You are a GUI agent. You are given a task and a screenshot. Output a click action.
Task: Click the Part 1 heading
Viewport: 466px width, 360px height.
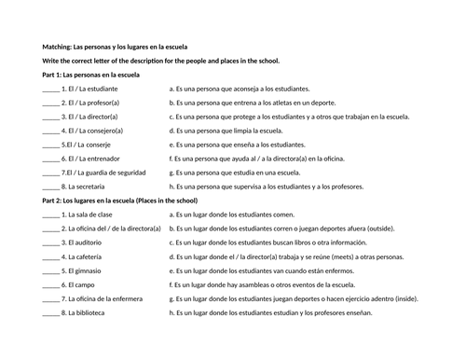point(91,74)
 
